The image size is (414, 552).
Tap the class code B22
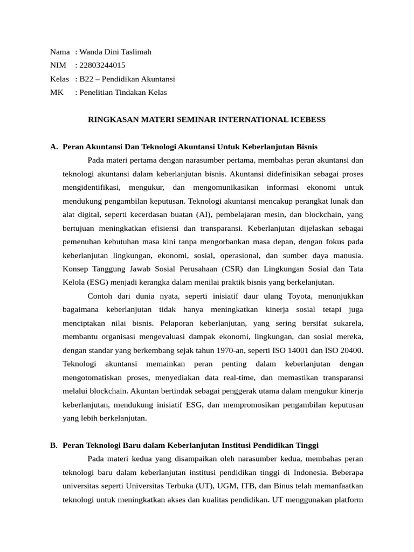click(86, 79)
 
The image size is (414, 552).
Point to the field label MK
click(57, 92)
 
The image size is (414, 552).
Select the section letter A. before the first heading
click(54, 147)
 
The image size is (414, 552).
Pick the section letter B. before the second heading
click(54, 445)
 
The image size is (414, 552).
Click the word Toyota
click(301, 296)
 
